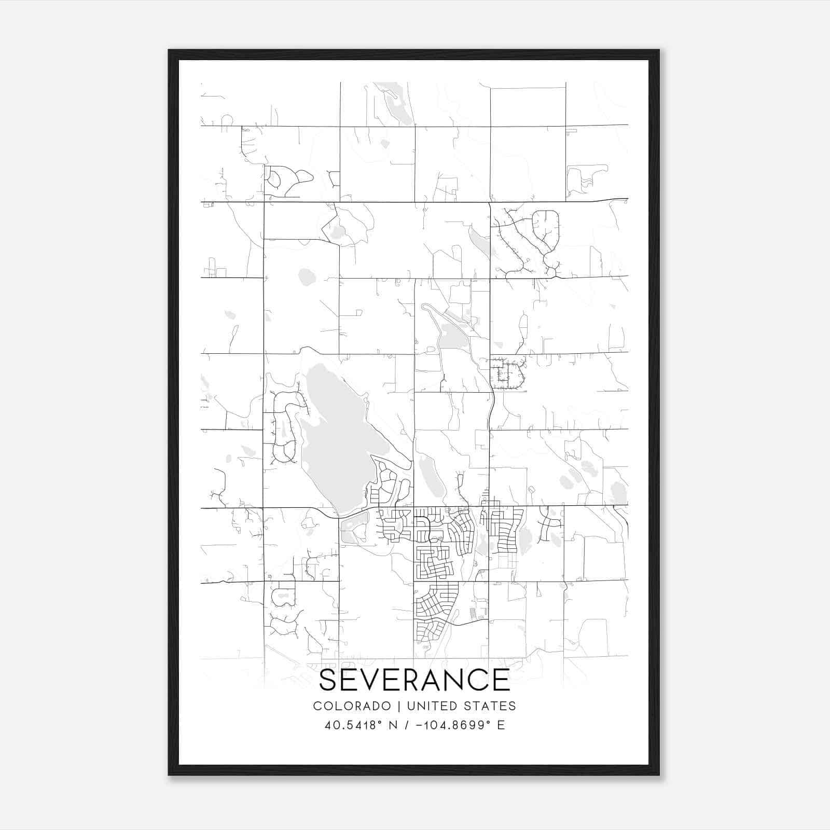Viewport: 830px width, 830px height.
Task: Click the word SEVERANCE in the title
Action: (x=414, y=680)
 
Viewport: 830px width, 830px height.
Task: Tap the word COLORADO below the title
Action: (x=352, y=706)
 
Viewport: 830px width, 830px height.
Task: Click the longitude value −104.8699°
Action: (x=453, y=725)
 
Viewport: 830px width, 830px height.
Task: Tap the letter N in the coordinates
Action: (x=393, y=725)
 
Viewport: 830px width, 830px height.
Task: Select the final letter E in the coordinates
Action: (x=501, y=725)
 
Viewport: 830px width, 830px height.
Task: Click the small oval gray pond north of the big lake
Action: (x=307, y=277)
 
